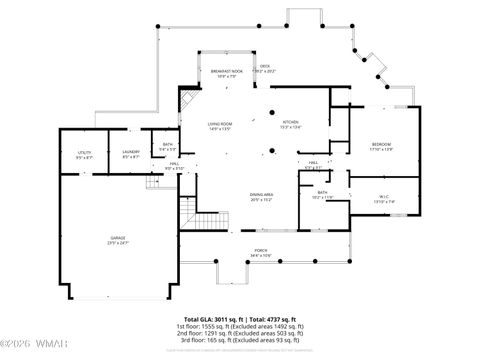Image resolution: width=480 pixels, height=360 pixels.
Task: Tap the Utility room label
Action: click(84, 155)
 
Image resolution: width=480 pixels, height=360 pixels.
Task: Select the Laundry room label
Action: click(130, 155)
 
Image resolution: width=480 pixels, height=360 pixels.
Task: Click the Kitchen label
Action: click(290, 125)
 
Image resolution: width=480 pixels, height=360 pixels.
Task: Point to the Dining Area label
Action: click(262, 197)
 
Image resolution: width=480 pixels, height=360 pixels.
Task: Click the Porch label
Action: click(260, 253)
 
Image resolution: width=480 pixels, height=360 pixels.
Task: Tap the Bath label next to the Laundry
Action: click(166, 147)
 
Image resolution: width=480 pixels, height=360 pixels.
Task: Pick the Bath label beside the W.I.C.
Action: click(323, 195)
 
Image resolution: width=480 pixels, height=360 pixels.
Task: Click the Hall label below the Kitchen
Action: click(312, 165)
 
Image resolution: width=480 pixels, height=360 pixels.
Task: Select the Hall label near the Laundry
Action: click(173, 166)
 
